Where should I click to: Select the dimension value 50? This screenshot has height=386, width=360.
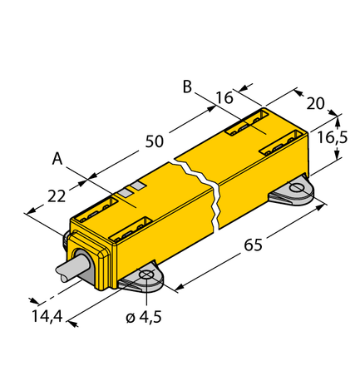point(154,141)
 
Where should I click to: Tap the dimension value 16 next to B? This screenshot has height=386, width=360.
point(223,97)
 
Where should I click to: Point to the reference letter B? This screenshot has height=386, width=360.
point(188,87)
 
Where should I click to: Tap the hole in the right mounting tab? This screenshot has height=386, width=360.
point(297,190)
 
